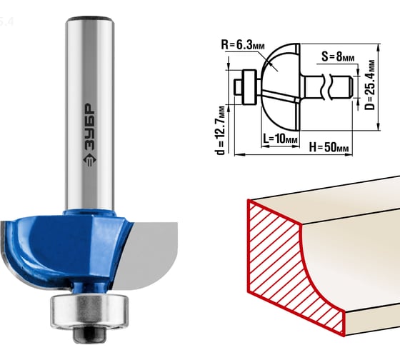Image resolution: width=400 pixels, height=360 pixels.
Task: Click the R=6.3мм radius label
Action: click(x=243, y=45)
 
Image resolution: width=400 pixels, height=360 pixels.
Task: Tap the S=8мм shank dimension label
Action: click(x=338, y=56)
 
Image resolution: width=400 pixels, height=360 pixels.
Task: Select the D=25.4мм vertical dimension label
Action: click(x=370, y=85)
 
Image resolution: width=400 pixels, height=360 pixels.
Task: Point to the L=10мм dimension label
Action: click(x=280, y=139)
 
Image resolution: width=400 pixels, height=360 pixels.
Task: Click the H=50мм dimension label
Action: click(x=329, y=147)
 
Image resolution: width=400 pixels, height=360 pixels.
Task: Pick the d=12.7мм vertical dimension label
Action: click(x=220, y=130)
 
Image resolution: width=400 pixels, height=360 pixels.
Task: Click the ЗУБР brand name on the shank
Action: click(x=89, y=127)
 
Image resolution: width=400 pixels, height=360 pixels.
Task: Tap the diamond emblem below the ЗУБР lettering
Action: click(x=89, y=160)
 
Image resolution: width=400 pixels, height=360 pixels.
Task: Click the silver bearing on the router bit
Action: click(x=89, y=311)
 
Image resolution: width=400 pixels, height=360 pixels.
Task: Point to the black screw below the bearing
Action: click(x=89, y=334)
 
